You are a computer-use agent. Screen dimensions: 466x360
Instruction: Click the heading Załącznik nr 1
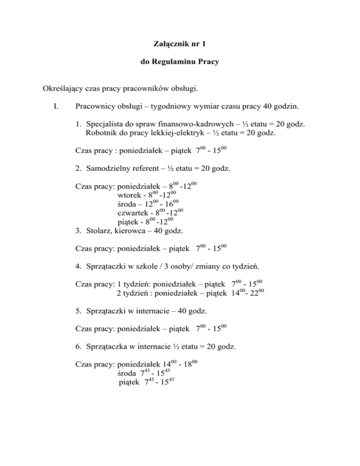[x=180, y=44]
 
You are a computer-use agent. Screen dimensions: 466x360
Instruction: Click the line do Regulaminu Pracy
[x=180, y=62]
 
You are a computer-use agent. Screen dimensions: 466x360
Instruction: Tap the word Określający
[x=63, y=88]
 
